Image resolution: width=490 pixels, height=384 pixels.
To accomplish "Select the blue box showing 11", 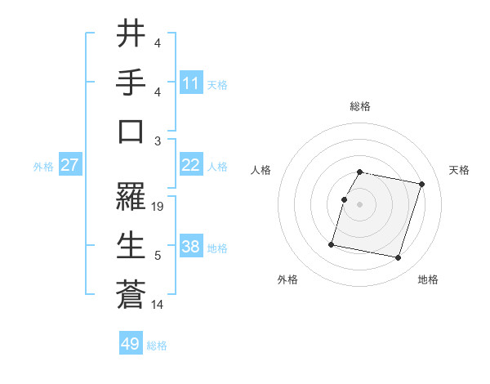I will pyautogui.click(x=191, y=83).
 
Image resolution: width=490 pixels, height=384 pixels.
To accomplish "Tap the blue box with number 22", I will pyautogui.click(x=191, y=166).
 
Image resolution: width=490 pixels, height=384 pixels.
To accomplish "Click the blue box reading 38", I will pyautogui.click(x=191, y=248).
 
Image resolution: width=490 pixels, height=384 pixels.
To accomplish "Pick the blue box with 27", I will pyautogui.click(x=70, y=166).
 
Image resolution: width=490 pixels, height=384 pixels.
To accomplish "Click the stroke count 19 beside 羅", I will pyautogui.click(x=158, y=207).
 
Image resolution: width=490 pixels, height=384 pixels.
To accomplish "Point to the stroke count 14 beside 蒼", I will pyautogui.click(x=158, y=305).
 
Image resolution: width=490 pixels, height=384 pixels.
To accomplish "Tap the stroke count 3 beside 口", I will pyautogui.click(x=157, y=141).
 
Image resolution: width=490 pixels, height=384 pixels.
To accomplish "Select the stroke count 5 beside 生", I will pyautogui.click(x=157, y=256).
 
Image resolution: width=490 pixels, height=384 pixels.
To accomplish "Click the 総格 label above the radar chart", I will pyautogui.click(x=360, y=106).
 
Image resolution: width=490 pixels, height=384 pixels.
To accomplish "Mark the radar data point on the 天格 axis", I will pyautogui.click(x=421, y=185).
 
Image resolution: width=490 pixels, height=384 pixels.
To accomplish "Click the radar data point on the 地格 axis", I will pyautogui.click(x=398, y=258).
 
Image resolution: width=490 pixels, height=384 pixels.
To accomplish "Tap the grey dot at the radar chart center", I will pyautogui.click(x=360, y=205).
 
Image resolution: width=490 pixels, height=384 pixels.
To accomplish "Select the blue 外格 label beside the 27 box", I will pyautogui.click(x=43, y=167).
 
